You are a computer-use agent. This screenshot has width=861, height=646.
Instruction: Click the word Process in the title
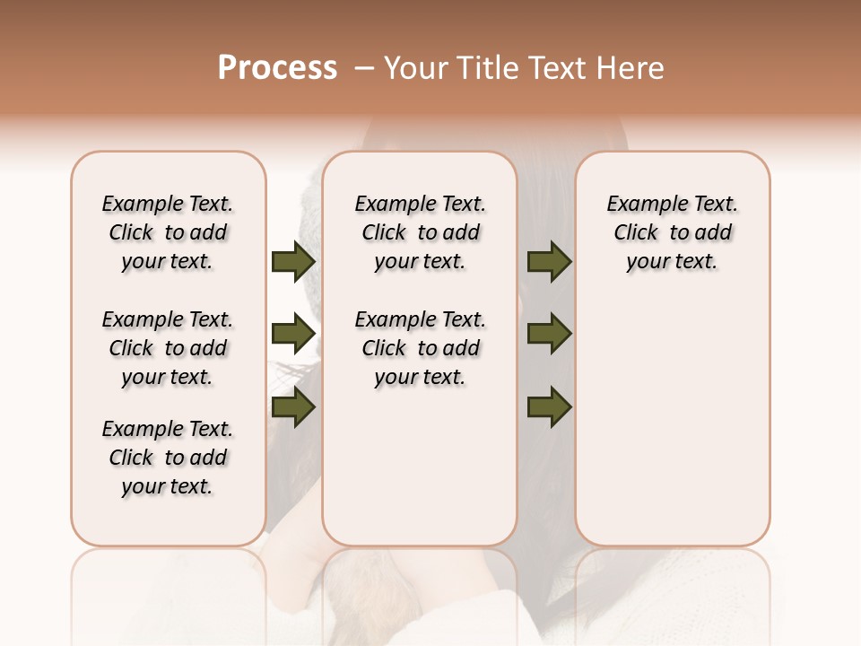point(277,68)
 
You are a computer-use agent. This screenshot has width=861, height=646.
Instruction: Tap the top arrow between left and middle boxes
point(293,262)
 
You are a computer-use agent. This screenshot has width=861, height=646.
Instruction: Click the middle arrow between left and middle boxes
point(293,334)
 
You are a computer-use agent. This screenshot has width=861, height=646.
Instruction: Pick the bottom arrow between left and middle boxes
point(293,407)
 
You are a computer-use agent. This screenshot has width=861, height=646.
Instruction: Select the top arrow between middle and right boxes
point(549,262)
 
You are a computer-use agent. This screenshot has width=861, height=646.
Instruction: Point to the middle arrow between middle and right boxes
point(549,334)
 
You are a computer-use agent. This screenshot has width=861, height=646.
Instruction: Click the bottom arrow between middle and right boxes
point(549,407)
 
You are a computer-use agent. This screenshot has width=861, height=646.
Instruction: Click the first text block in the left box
point(168,232)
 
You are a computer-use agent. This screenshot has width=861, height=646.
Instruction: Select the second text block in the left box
point(168,348)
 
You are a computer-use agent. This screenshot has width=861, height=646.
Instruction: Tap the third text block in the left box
point(168,458)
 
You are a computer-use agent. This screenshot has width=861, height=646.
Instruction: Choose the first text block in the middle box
point(420,232)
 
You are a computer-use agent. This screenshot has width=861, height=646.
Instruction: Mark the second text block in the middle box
point(420,348)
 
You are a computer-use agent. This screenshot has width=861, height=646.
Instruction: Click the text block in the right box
point(672,232)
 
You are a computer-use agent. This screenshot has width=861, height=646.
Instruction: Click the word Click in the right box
point(636,233)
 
